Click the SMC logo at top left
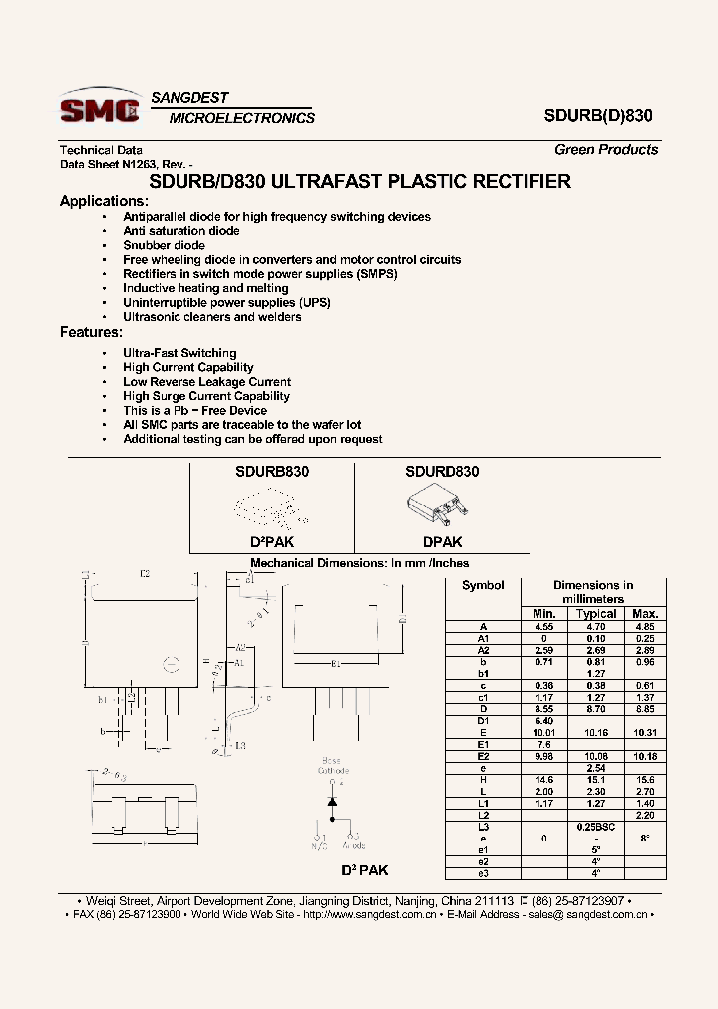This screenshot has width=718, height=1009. pyautogui.click(x=99, y=109)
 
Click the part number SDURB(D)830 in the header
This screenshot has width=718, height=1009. pyautogui.click(x=598, y=115)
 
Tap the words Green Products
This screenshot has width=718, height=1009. pyautogui.click(x=606, y=150)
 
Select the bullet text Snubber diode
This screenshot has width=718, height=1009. pyautogui.click(x=164, y=245)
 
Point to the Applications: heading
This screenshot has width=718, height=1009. pyautogui.click(x=104, y=201)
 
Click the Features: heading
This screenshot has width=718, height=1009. pyautogui.click(x=91, y=332)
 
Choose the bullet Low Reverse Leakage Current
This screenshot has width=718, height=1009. pyautogui.click(x=206, y=382)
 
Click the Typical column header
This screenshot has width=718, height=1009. pyautogui.click(x=596, y=613)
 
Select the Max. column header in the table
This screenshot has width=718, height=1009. pyautogui.click(x=645, y=613)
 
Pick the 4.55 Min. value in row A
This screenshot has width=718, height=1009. pyautogui.click(x=544, y=626)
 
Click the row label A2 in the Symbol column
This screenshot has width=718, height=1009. pyautogui.click(x=483, y=650)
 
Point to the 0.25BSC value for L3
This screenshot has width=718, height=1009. pyautogui.click(x=596, y=827)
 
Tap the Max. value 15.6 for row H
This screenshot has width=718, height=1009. pyautogui.click(x=645, y=779)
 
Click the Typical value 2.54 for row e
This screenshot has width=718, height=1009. pyautogui.click(x=596, y=768)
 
